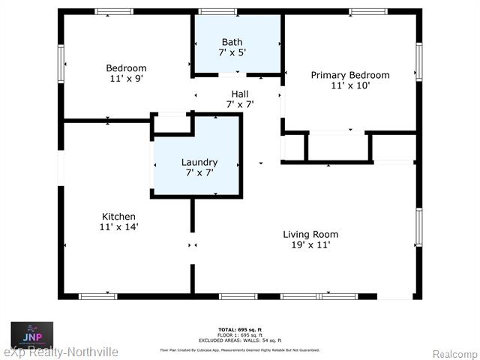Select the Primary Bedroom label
pos(350,75)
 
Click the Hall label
pos(240,94)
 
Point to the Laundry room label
pos(199,162)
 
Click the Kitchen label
pos(119,217)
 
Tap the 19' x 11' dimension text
pos(307,244)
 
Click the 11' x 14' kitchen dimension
pos(119,226)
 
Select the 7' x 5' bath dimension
pos(232,52)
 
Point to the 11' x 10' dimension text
pos(350,85)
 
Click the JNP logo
pos(31,334)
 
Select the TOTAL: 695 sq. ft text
pos(239,330)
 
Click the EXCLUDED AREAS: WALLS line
pos(239,339)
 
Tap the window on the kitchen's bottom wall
pos(98,296)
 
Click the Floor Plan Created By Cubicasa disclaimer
pos(239,349)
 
